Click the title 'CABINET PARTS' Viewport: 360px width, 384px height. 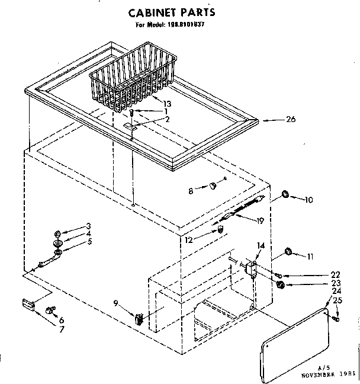pos(172,12)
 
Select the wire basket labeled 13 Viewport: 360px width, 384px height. pos(133,76)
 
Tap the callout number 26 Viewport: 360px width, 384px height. pos(290,120)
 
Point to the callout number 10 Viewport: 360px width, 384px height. pos(308,200)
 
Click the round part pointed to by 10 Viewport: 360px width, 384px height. pos(285,194)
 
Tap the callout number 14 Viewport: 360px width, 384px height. pos(261,245)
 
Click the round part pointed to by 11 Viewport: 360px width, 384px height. pos(288,252)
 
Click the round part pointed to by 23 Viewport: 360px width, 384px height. pos(281,286)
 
